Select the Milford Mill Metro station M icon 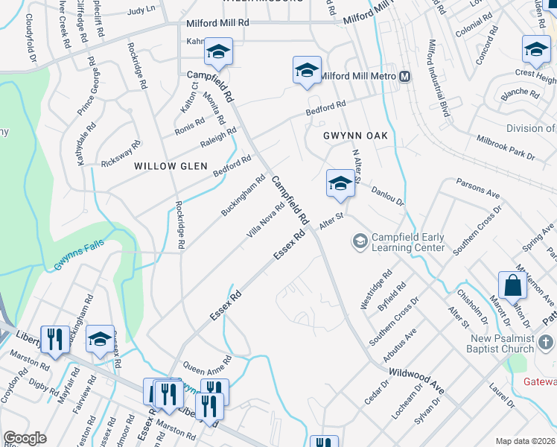[405, 77]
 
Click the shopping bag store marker [512, 286]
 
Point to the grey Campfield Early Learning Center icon [360, 241]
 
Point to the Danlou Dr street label [386, 197]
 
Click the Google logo [25, 439]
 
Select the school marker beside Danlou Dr [340, 183]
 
